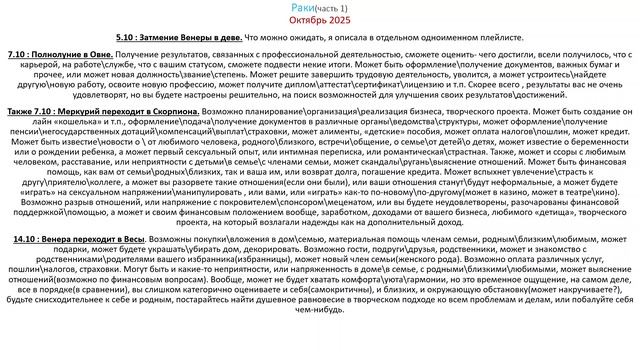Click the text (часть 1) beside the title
tap(335, 8)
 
